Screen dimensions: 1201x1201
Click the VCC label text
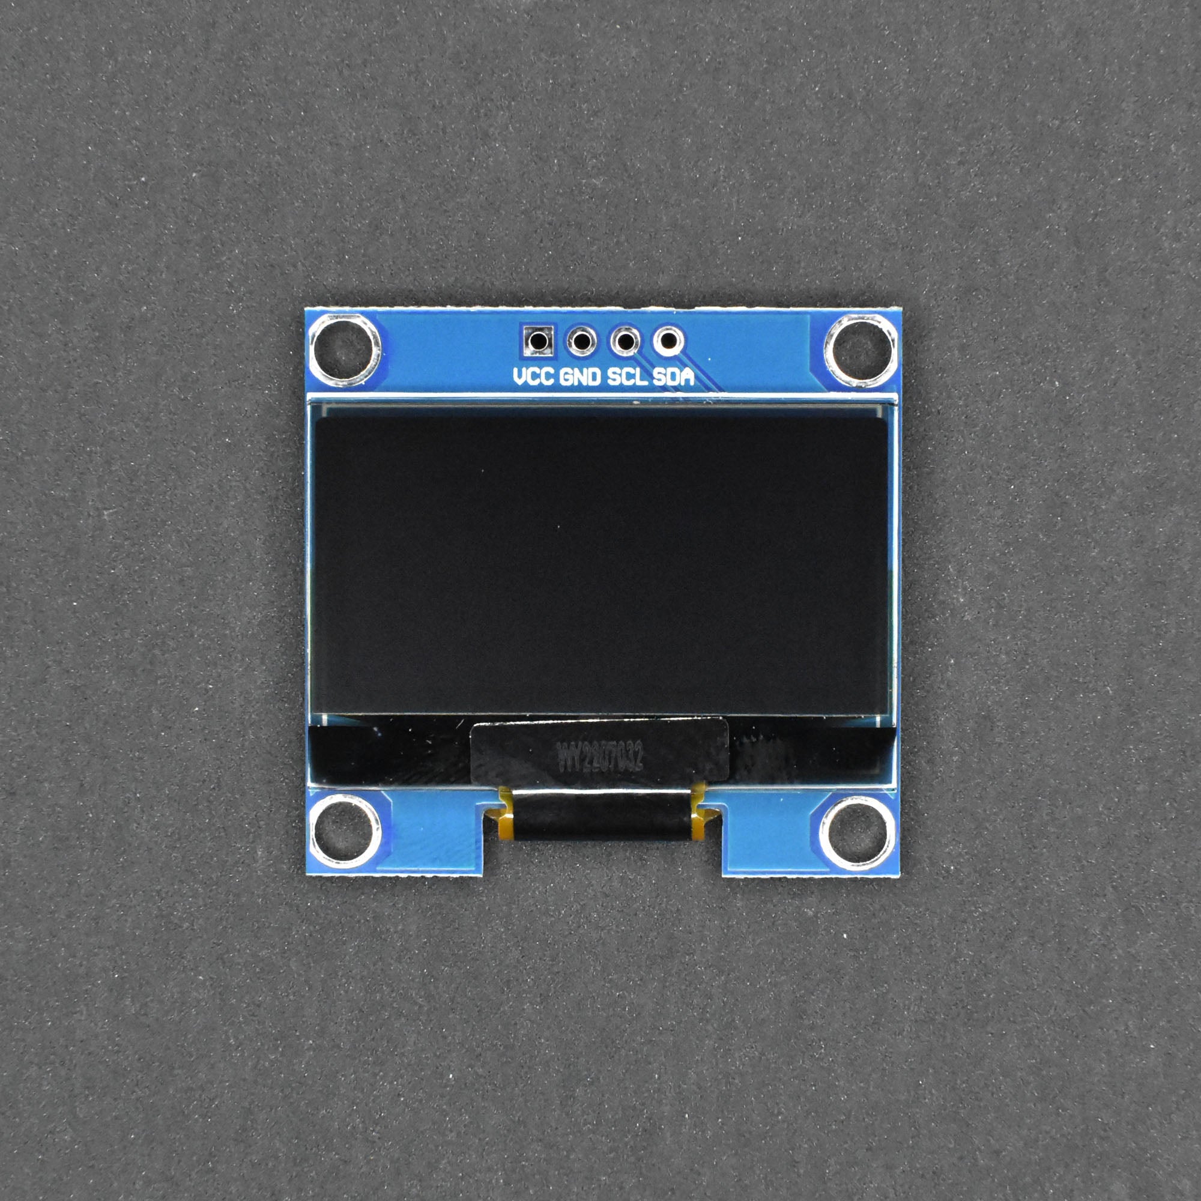(x=533, y=377)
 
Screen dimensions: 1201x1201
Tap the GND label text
(x=580, y=377)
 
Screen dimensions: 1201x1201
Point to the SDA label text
(x=673, y=377)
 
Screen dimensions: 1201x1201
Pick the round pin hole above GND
(x=581, y=340)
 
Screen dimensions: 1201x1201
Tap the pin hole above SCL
(x=625, y=340)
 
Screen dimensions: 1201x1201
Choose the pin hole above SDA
(x=668, y=340)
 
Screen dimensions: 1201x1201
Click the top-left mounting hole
(x=345, y=350)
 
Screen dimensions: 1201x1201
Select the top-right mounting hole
(x=861, y=350)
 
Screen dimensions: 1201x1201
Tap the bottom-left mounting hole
(x=345, y=832)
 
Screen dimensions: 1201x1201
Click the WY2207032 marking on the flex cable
(x=599, y=757)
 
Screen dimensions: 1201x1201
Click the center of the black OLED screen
(x=600, y=564)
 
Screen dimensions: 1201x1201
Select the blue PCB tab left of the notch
(x=435, y=833)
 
